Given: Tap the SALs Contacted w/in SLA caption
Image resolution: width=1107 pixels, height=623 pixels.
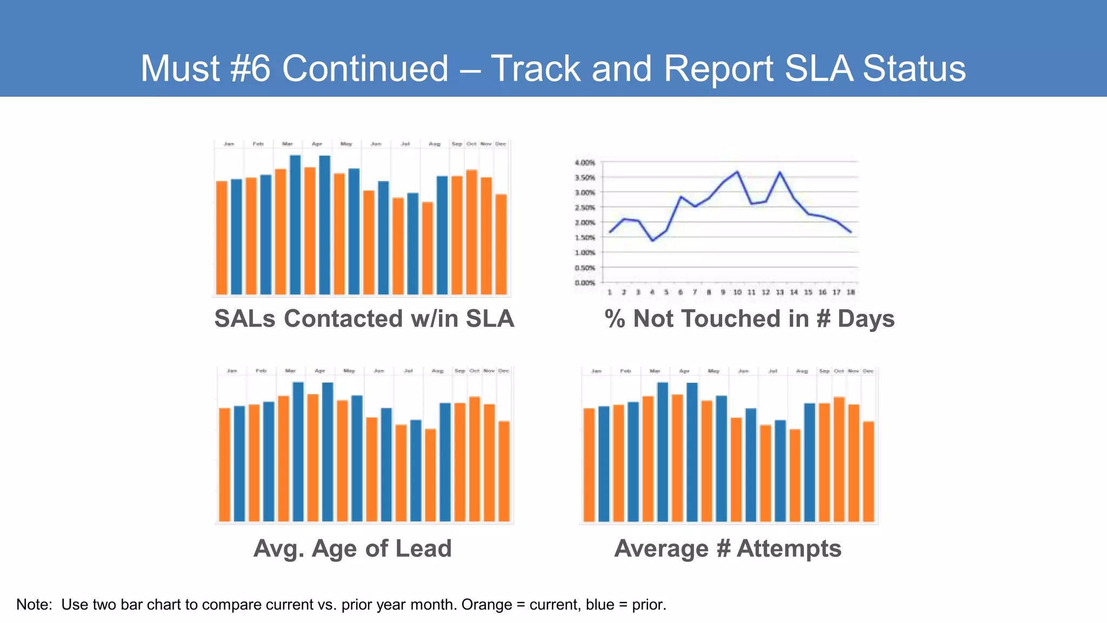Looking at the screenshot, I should [x=364, y=319].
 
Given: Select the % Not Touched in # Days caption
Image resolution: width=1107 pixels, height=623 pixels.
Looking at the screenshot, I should [x=749, y=319].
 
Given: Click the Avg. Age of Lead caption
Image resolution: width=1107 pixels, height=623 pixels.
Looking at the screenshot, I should [x=352, y=548].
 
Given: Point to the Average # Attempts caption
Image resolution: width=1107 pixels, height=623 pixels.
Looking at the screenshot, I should [x=728, y=548].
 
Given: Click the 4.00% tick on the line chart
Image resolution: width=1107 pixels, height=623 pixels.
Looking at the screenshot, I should [x=584, y=163].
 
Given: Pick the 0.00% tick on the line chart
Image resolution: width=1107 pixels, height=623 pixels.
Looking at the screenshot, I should [x=584, y=283].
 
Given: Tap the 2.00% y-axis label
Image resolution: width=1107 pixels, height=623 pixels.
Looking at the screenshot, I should [x=584, y=223].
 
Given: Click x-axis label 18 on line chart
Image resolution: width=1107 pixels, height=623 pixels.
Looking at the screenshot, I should [x=850, y=293].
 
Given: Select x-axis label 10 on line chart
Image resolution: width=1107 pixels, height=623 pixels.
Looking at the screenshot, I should [x=737, y=293].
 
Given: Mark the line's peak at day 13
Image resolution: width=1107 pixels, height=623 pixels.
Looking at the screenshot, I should [x=780, y=173].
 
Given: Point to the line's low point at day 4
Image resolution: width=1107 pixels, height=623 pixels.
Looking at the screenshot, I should [x=652, y=241].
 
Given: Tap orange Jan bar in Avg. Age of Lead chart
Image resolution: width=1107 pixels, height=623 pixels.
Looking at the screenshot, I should [x=224, y=465].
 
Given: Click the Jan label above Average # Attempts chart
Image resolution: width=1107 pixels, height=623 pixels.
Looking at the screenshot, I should [x=596, y=372].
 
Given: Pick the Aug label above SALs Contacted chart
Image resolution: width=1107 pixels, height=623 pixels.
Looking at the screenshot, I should [x=435, y=144].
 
